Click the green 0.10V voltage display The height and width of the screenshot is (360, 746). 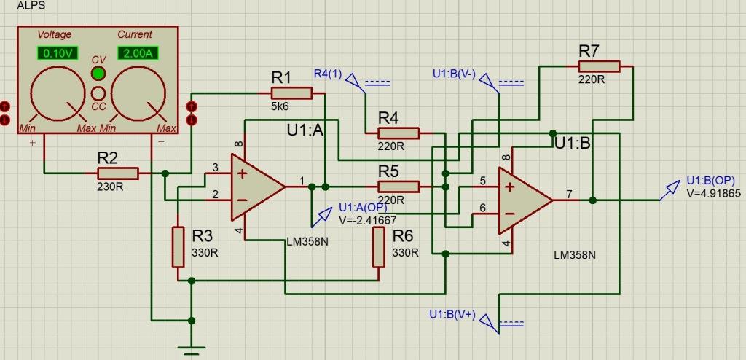pyautogui.click(x=57, y=53)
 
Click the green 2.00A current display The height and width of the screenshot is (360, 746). pyautogui.click(x=138, y=53)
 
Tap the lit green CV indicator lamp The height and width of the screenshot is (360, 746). pyautogui.click(x=98, y=74)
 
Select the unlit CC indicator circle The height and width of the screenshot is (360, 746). pyautogui.click(x=98, y=92)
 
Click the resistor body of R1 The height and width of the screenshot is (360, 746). pyautogui.click(x=291, y=93)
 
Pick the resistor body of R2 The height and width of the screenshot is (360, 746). pyautogui.click(x=117, y=173)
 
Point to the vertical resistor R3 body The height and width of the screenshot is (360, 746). pyautogui.click(x=178, y=247)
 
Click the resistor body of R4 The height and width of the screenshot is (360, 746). pyautogui.click(x=398, y=133)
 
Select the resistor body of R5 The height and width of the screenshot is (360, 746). pyautogui.click(x=398, y=187)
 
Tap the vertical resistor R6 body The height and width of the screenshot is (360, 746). pyautogui.click(x=379, y=247)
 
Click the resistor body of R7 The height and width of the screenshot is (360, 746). pyautogui.click(x=599, y=66)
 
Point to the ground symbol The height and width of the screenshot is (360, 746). pyautogui.click(x=192, y=350)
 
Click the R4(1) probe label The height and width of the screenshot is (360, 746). pyautogui.click(x=328, y=74)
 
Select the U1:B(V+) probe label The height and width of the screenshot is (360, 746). pyautogui.click(x=452, y=314)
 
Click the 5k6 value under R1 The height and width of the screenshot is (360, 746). pyautogui.click(x=280, y=106)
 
